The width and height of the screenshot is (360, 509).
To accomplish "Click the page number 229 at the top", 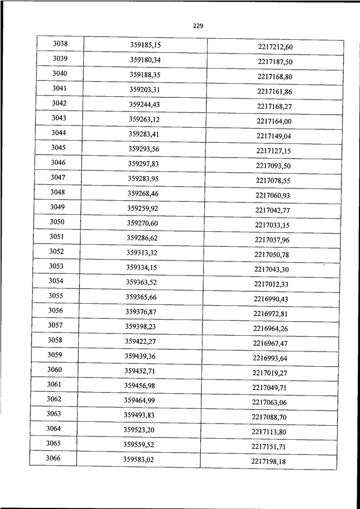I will pyautogui.click(x=197, y=26).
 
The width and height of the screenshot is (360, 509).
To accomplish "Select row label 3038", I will pyautogui.click(x=60, y=43).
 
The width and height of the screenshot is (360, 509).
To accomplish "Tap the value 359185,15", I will pyautogui.click(x=146, y=44).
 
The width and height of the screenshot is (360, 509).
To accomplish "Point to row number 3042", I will pyautogui.click(x=59, y=103).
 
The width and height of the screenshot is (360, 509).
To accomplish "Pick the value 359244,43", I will pyautogui.click(x=144, y=104).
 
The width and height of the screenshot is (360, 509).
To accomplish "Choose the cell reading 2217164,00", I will pyautogui.click(x=274, y=121).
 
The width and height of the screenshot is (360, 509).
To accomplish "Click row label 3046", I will pyautogui.click(x=58, y=163).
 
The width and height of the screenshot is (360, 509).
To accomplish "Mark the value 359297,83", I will pyautogui.click(x=143, y=163).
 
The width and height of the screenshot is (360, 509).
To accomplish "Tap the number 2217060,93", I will pyautogui.click(x=273, y=195).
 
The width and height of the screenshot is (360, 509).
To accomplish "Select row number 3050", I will pyautogui.click(x=57, y=222).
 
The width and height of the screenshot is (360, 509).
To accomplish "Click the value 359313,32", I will pyautogui.click(x=142, y=253).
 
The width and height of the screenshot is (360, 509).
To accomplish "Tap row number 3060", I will pyautogui.click(x=55, y=370).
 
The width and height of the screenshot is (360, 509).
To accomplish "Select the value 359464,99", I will pyautogui.click(x=139, y=400).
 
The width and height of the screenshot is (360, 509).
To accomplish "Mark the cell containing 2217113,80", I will pyautogui.click(x=269, y=432).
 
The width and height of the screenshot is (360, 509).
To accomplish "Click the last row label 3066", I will pyautogui.click(x=53, y=458).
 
